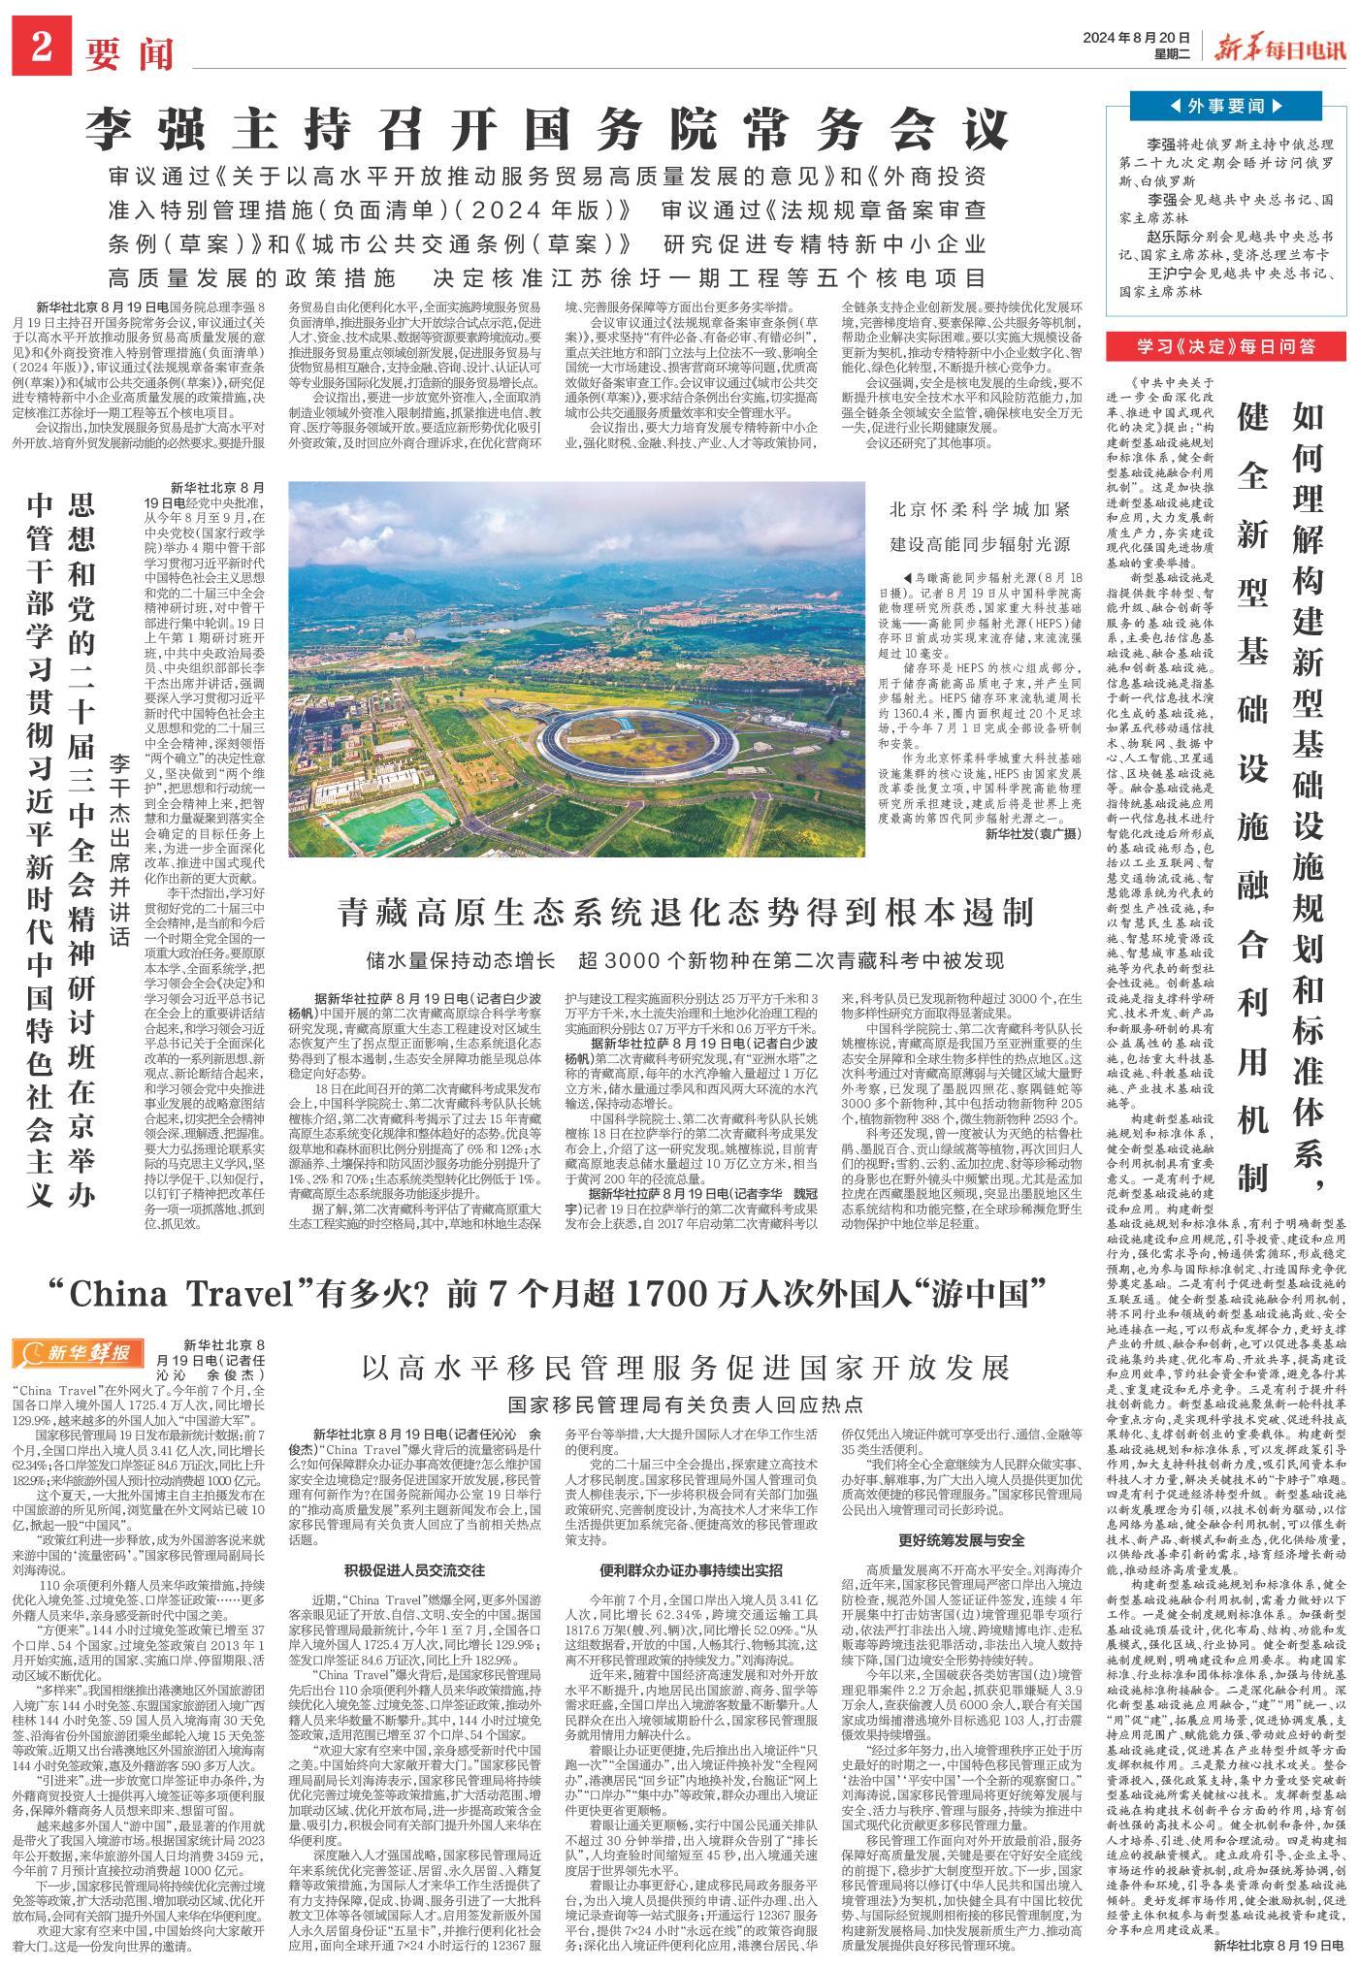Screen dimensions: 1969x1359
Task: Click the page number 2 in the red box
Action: pyautogui.click(x=40, y=48)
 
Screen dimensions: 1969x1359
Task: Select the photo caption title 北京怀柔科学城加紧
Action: pyautogui.click(x=980, y=511)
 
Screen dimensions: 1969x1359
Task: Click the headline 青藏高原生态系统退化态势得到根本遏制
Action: pyautogui.click(x=683, y=911)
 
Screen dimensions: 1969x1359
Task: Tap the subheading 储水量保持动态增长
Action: pyautogui.click(x=461, y=960)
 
